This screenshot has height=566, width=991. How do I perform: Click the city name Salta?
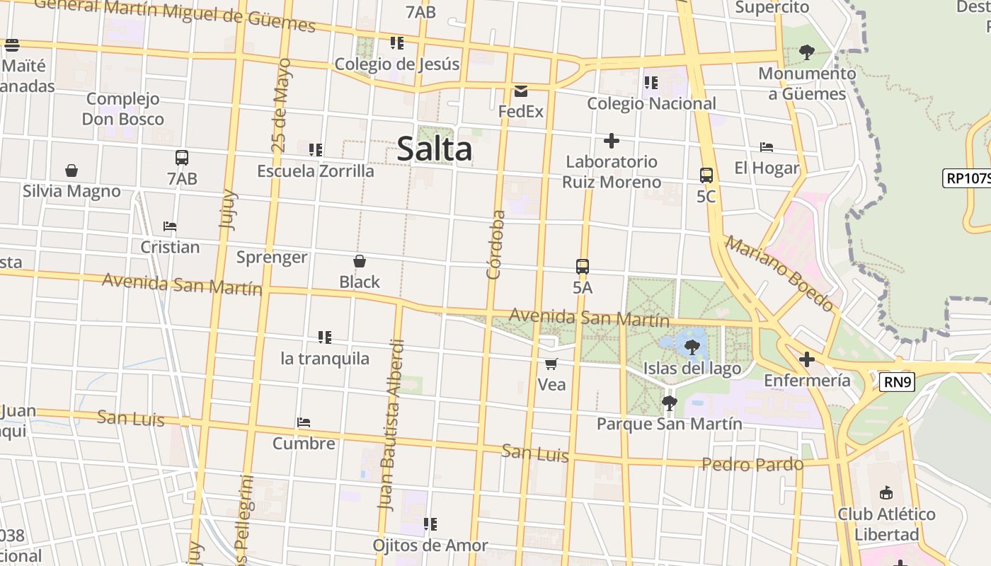tap(435, 149)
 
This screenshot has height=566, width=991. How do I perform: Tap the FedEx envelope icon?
tap(521, 91)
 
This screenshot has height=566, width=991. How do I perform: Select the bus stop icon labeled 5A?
tap(583, 267)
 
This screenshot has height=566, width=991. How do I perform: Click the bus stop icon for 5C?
tap(706, 175)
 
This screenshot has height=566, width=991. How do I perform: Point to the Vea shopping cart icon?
tap(551, 364)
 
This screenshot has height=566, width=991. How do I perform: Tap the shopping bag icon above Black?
tap(360, 261)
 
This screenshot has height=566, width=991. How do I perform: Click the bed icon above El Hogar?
tap(766, 147)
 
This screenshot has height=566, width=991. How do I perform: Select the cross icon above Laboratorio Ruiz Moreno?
tap(612, 141)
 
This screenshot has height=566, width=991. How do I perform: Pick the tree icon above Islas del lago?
tap(692, 347)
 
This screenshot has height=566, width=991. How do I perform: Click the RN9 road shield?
tap(898, 383)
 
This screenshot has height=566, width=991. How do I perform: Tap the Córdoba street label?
tap(495, 244)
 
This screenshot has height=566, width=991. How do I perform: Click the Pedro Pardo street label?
tap(752, 465)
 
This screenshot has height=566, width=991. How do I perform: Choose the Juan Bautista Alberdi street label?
tap(392, 424)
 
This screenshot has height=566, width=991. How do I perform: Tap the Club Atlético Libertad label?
tap(886, 524)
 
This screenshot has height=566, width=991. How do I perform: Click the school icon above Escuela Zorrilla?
tap(316, 150)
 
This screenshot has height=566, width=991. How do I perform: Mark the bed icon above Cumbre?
tap(304, 422)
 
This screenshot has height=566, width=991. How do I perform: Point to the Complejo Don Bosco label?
tap(123, 109)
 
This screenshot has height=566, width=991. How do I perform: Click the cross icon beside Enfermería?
tap(806, 359)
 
